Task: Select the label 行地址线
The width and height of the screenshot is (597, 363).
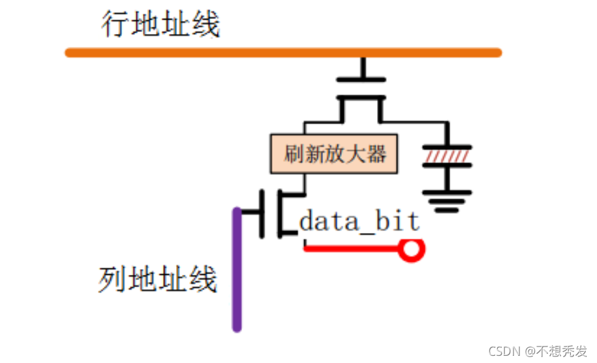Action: pyautogui.click(x=161, y=25)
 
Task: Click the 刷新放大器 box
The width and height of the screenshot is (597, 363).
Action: pyautogui.click(x=334, y=154)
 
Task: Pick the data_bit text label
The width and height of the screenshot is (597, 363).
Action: pyautogui.click(x=360, y=222)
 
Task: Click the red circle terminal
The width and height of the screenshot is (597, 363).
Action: pyautogui.click(x=412, y=248)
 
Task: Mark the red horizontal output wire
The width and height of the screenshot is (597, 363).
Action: pyautogui.click(x=352, y=248)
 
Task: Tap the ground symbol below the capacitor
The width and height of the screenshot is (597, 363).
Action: pyautogui.click(x=447, y=199)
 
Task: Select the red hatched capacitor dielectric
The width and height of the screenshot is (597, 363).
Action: pyautogui.click(x=447, y=157)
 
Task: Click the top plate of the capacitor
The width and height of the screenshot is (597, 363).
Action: pyautogui.click(x=447, y=147)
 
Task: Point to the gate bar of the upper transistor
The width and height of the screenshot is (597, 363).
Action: pyautogui.click(x=363, y=80)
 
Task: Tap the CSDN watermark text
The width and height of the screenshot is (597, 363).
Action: pyautogui.click(x=538, y=351)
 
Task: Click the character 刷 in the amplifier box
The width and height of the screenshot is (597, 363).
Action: pyautogui.click(x=292, y=154)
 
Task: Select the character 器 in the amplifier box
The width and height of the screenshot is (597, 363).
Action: pyautogui.click(x=376, y=154)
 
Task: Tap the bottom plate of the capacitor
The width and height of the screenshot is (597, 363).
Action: pyautogui.click(x=447, y=166)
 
